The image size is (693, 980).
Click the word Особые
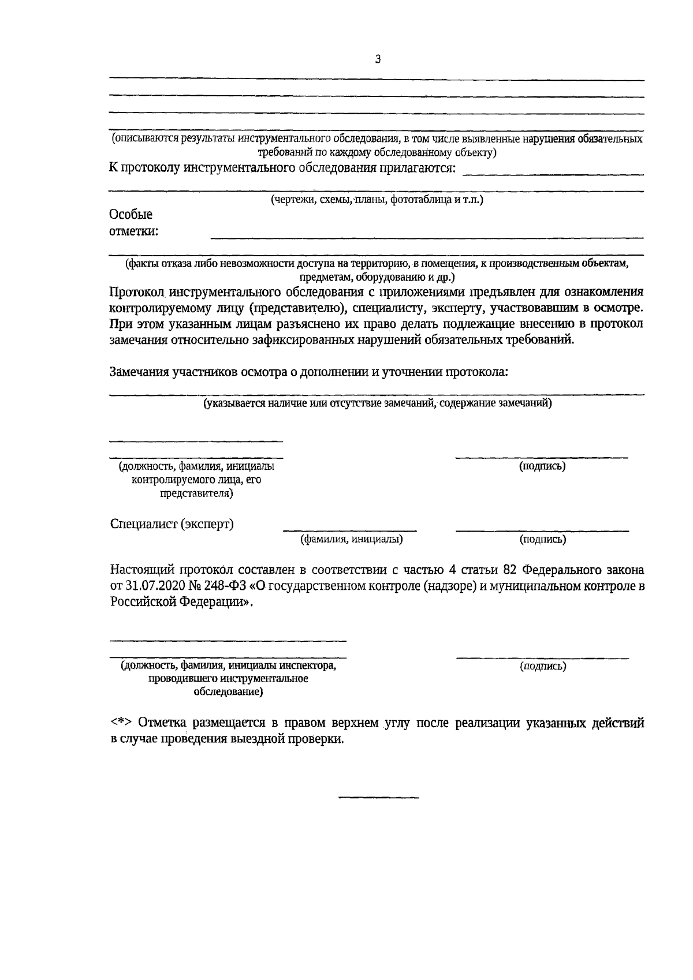pyautogui.click(x=131, y=215)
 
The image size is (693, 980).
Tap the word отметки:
pyautogui.click(x=133, y=233)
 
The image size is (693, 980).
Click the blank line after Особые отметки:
pyautogui.click(x=427, y=237)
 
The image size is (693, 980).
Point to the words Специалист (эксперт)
pyautogui.click(x=172, y=524)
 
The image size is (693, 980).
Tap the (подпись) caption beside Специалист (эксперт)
pyautogui.click(x=542, y=540)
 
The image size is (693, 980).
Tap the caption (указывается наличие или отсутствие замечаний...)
pyautogui.click(x=377, y=403)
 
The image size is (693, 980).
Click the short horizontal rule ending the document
pyautogui.click(x=378, y=798)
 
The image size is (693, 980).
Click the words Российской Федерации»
pyautogui.click(x=181, y=602)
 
